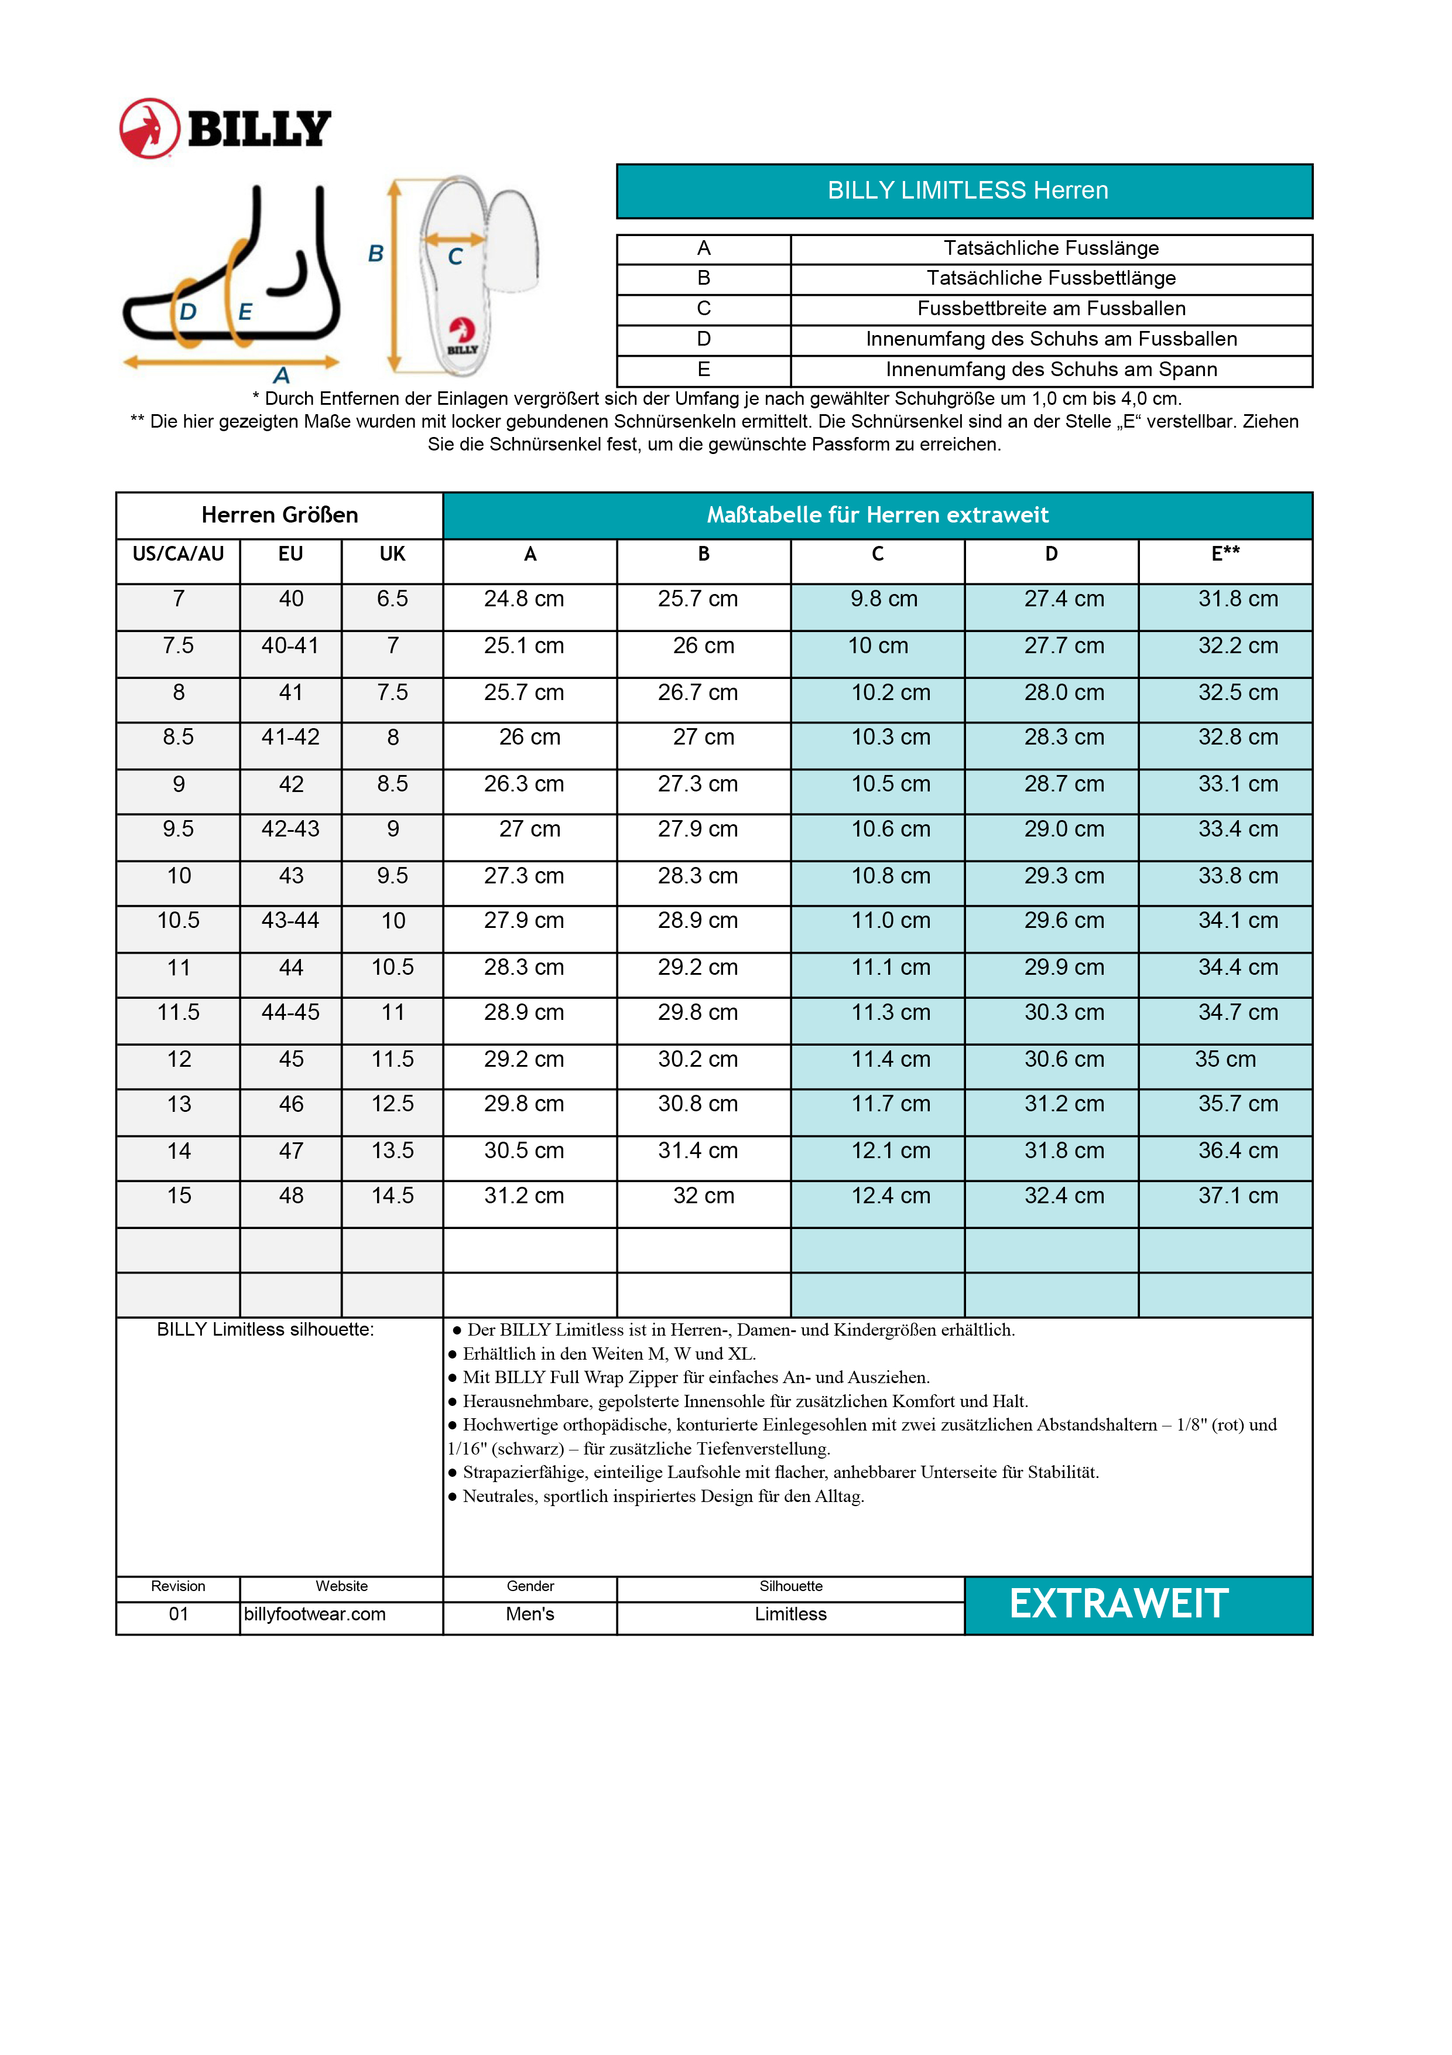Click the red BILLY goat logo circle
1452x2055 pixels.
click(x=149, y=129)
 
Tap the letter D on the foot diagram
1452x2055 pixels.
click(x=188, y=312)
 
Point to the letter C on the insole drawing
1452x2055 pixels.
click(x=456, y=257)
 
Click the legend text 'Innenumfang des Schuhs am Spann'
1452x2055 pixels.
click(x=1050, y=370)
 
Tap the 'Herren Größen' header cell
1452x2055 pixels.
click(x=279, y=515)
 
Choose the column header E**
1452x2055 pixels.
click(x=1225, y=554)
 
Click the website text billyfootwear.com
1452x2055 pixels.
click(x=315, y=1614)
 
